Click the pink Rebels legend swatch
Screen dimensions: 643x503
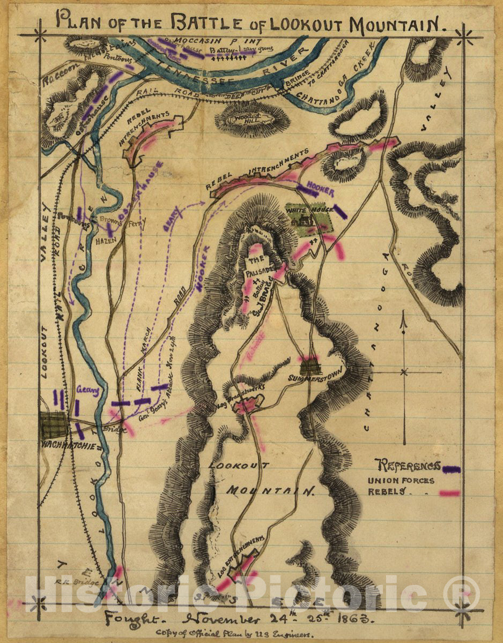click(450, 492)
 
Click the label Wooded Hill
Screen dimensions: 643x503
click(251, 119)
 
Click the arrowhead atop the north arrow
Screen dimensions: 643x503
click(404, 322)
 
